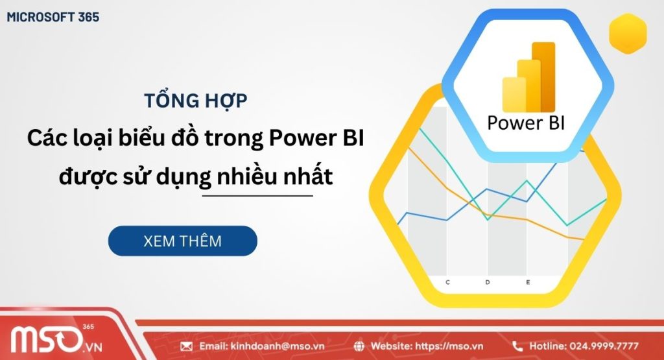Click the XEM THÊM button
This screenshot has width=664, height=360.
point(182,241)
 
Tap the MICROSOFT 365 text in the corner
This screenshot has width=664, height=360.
point(53,18)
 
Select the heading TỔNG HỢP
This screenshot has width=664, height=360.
point(195,101)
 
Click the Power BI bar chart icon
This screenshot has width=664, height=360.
point(529,78)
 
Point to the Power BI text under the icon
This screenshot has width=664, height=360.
point(525,123)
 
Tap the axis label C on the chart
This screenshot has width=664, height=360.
point(447,282)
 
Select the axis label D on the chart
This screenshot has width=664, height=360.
point(488,282)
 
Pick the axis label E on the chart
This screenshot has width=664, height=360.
point(528,282)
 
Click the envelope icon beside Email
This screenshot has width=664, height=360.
point(187,346)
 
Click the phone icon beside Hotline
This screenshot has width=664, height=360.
point(517,346)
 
